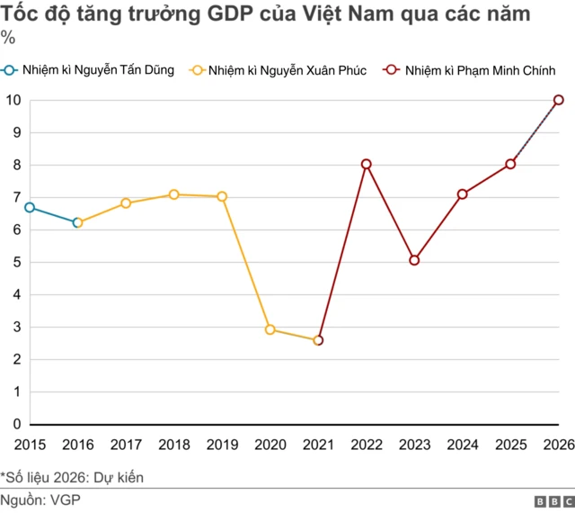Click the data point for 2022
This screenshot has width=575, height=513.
(366, 164)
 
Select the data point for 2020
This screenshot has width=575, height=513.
(270, 329)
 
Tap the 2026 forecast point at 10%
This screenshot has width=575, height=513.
(559, 100)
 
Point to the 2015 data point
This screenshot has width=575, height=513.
(30, 207)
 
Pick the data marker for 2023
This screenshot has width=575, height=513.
(414, 260)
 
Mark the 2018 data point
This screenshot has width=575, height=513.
(173, 194)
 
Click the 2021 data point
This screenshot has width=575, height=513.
(318, 340)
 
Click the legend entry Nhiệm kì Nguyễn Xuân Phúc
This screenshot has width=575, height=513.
(278, 70)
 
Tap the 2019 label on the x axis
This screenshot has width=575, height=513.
(222, 444)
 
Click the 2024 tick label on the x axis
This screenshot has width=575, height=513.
(463, 444)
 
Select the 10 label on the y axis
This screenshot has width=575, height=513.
(13, 100)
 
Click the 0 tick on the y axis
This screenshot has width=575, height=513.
(16, 424)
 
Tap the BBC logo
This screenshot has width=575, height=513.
(554, 500)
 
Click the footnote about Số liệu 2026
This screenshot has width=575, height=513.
(72, 477)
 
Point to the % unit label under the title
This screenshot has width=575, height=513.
(7, 38)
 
